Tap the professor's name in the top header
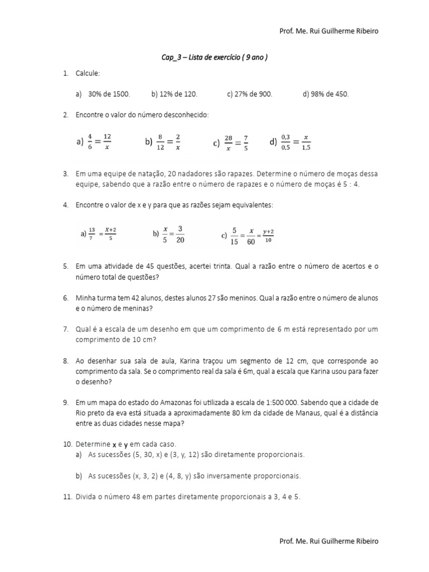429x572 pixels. (328, 31)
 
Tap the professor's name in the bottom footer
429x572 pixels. (328, 541)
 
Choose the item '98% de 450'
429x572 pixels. (326, 94)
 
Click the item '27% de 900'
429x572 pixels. (250, 94)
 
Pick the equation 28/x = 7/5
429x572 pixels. (231, 142)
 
